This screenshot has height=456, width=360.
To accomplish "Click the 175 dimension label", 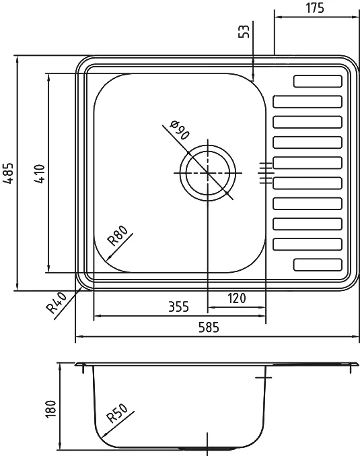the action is [x=315, y=8].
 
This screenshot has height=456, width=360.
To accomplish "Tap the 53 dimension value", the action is [x=244, y=32].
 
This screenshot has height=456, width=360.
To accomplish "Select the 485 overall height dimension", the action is [x=9, y=173].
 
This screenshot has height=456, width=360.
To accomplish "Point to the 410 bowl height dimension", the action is [x=39, y=174].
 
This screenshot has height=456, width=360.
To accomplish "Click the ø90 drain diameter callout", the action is [x=180, y=130].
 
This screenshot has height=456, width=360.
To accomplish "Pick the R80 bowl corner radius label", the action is [x=117, y=236].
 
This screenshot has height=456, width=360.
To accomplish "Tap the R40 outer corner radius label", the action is [x=57, y=303].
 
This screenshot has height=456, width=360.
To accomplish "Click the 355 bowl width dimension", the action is [x=179, y=306].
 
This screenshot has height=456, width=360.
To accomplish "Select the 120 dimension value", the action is [x=237, y=298].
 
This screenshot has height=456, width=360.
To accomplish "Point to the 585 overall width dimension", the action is [x=209, y=327].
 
